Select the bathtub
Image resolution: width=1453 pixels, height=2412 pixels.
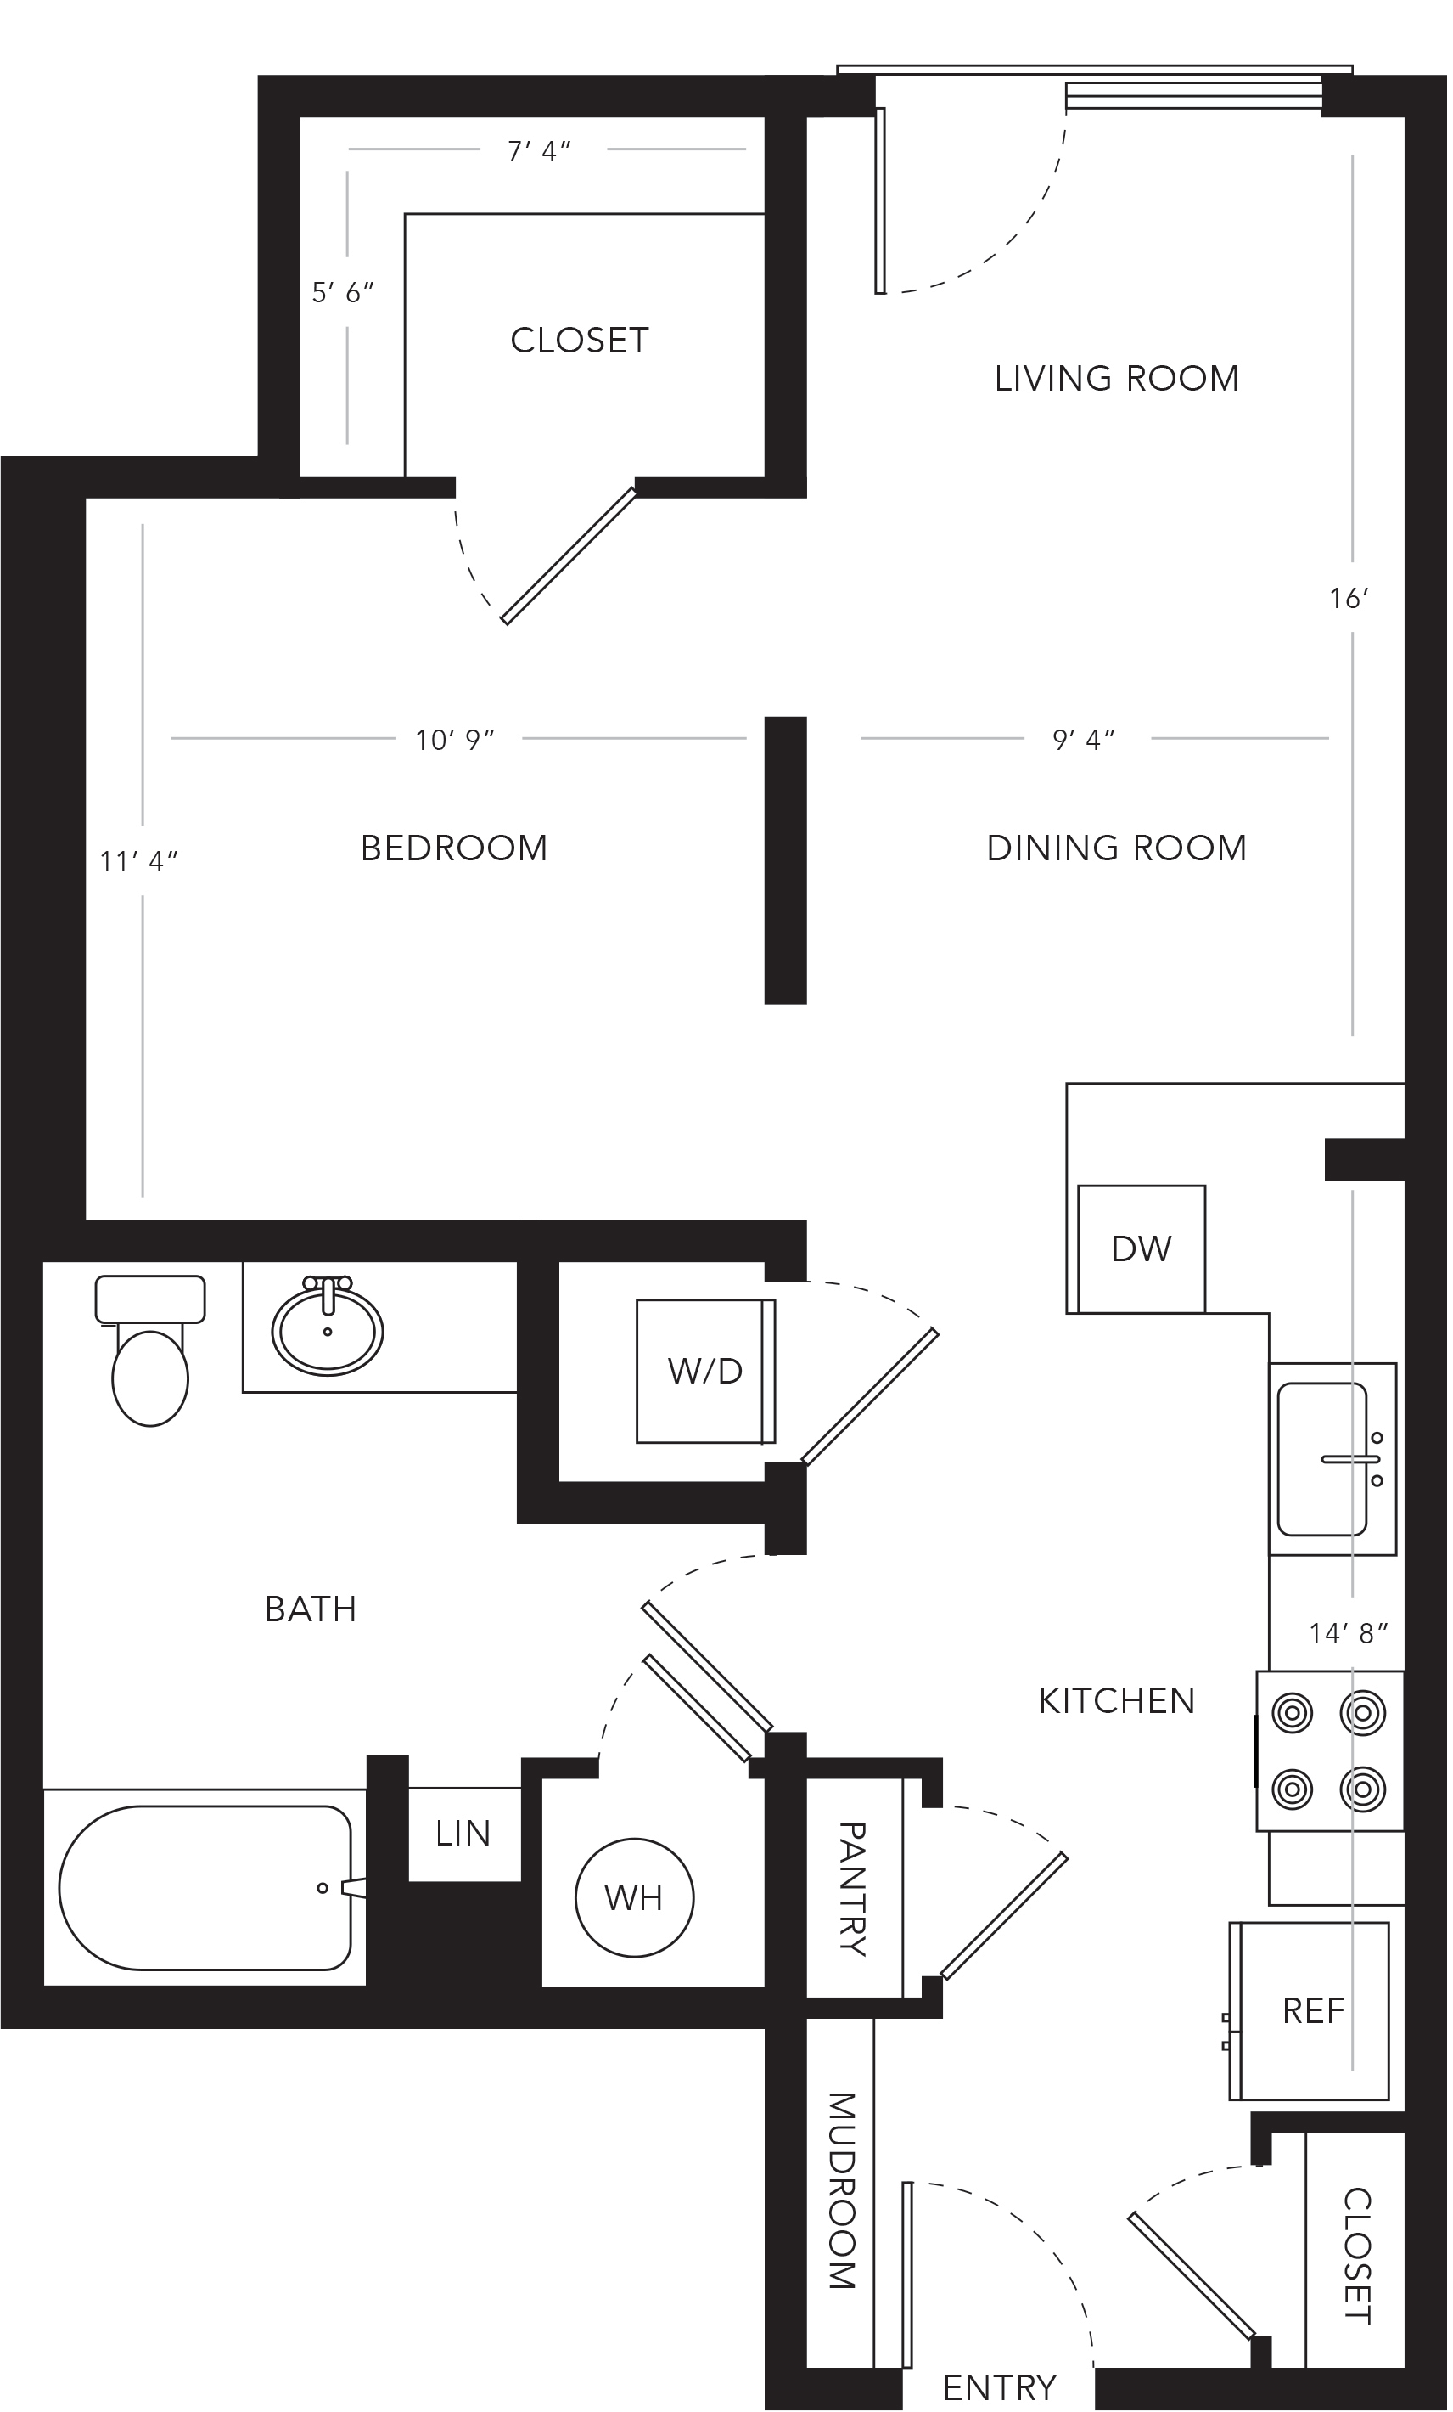(x=205, y=1887)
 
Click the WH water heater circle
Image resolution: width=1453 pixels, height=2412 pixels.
(x=634, y=1897)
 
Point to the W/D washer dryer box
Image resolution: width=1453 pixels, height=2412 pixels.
(x=705, y=1371)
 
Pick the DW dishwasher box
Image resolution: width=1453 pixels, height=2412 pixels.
(x=1141, y=1248)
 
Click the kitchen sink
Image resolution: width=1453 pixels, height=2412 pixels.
(x=1332, y=1458)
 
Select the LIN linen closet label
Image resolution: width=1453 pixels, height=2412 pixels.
(x=463, y=1833)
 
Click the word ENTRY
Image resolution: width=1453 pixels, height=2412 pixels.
(x=999, y=2388)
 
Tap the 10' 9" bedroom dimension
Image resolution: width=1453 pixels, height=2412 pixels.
(x=455, y=740)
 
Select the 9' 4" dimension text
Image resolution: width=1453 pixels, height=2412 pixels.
(x=1084, y=740)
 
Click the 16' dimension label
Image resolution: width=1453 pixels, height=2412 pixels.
(x=1349, y=598)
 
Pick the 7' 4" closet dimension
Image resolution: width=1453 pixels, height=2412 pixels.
(x=539, y=152)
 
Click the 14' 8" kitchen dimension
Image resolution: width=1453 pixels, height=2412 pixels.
(x=1349, y=1633)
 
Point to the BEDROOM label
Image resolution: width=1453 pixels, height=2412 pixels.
(x=454, y=848)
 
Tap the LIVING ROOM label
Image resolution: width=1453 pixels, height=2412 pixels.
(x=1116, y=378)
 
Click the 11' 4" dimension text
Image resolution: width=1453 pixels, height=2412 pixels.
(x=139, y=861)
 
